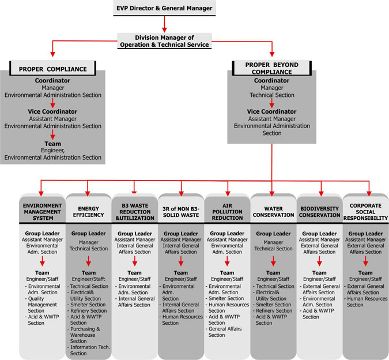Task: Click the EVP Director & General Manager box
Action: (164, 8)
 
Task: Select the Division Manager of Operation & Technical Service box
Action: (164, 41)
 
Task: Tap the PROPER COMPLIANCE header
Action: (52, 68)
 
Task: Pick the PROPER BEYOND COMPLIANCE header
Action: (271, 68)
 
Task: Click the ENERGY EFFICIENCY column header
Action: (88, 212)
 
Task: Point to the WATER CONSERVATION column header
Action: (273, 212)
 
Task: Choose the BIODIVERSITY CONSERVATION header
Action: (319, 212)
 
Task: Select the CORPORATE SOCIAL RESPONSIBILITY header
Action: (366, 212)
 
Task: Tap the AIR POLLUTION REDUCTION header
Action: (227, 212)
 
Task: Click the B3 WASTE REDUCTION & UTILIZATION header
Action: (135, 212)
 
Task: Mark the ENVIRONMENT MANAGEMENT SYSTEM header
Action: (42, 212)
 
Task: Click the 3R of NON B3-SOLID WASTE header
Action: (181, 212)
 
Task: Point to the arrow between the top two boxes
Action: (164, 24)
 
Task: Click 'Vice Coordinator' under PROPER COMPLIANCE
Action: (52, 111)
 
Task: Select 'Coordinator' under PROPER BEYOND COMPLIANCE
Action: (271, 80)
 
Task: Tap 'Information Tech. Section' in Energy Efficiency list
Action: (89, 350)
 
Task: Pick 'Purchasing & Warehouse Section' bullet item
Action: (84, 335)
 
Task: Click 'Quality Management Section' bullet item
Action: (41, 305)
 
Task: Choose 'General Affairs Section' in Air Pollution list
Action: (224, 332)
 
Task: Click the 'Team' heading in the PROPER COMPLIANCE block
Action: (52, 144)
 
